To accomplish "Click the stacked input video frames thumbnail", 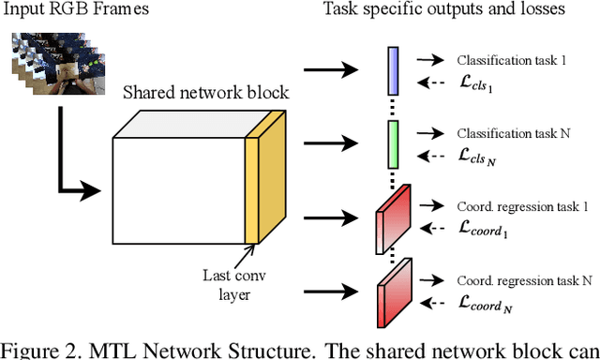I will coord(59,67).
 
